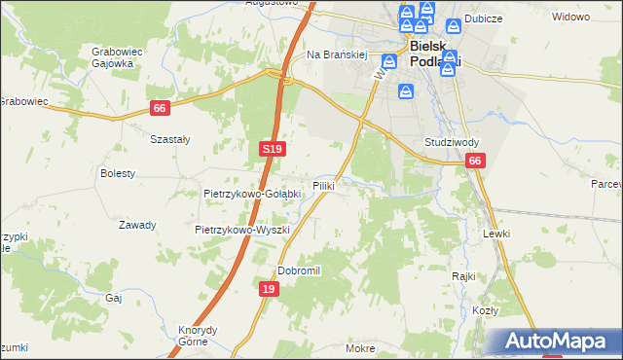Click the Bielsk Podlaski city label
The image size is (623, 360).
point(434,54)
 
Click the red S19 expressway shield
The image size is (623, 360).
point(273,149)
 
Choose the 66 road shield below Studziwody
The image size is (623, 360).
point(474,162)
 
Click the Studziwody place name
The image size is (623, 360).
point(452,141)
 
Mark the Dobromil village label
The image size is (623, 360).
point(299,270)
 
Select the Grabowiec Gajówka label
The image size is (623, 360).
point(112,57)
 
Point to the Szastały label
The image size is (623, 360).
point(169,139)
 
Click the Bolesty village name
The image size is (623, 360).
point(118,173)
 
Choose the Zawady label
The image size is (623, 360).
point(137,225)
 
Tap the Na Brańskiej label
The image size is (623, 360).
point(336,55)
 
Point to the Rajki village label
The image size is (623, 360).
point(462,275)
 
